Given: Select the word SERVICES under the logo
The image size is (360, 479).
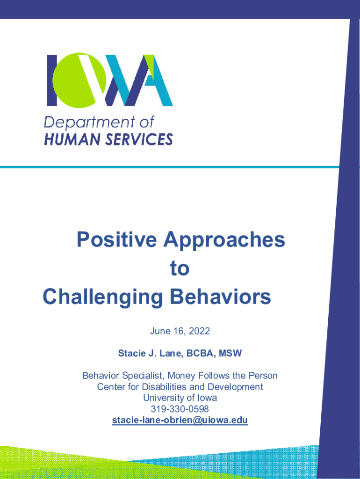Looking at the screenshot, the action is point(139,139).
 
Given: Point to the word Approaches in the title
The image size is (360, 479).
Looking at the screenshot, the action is point(224,240).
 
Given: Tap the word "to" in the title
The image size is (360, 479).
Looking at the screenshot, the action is point(180,268).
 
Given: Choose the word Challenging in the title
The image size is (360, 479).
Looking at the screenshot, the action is point(103,297).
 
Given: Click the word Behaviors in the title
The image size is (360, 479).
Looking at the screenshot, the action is point(220,296).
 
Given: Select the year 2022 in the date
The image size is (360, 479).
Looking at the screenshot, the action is point(199,331).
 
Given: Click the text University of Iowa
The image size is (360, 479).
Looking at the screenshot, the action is point(180,398).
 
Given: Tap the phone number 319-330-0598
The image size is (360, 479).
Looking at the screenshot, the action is point(180,409).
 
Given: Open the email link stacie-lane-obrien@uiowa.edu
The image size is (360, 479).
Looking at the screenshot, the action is point(180,420).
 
